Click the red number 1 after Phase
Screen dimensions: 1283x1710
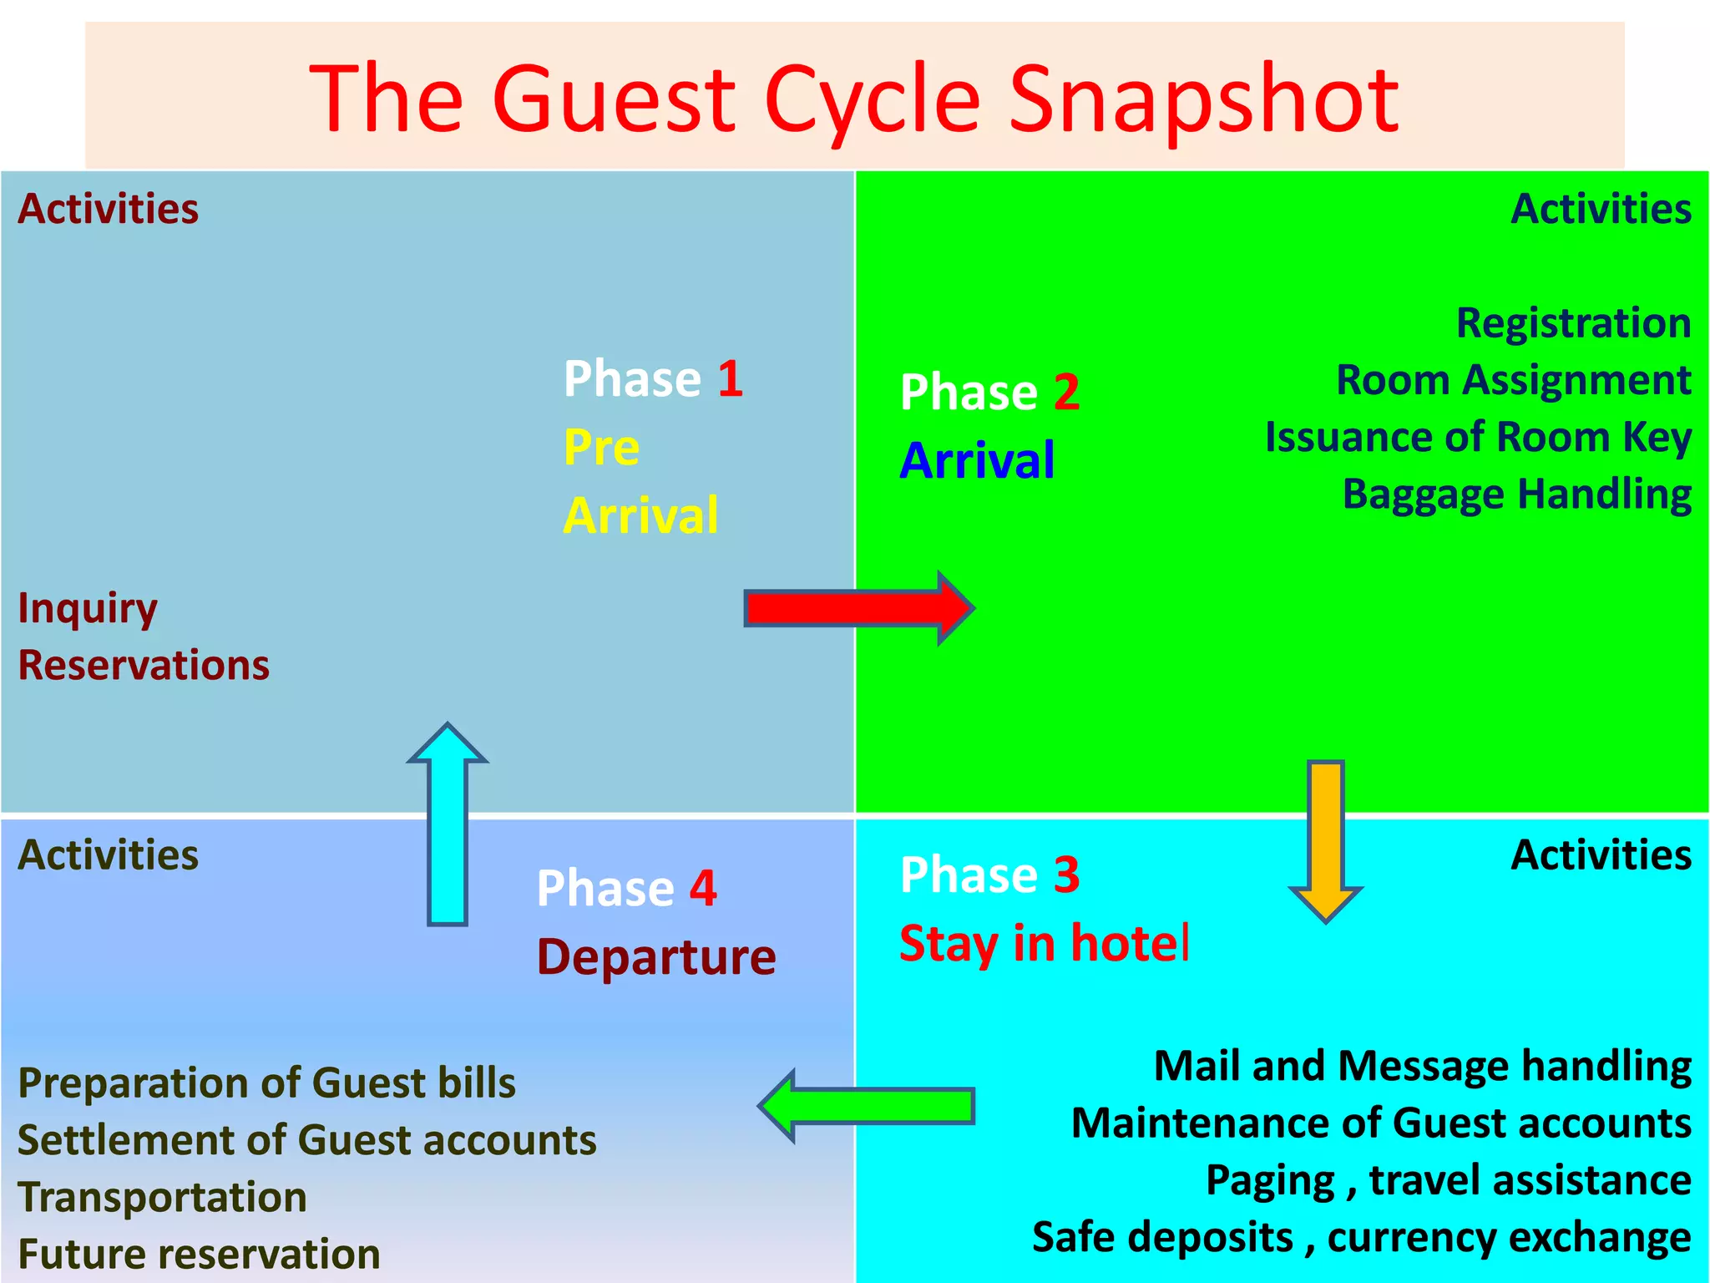730,379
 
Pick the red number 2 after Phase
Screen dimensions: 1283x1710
1066,393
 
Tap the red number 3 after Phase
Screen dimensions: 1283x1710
1066,875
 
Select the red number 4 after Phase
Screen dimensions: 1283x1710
703,888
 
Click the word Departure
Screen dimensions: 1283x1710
656,957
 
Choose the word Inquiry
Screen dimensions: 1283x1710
88,609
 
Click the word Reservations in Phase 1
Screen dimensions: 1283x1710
144,666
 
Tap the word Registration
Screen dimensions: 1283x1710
1573,323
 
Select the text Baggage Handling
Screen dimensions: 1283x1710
1516,494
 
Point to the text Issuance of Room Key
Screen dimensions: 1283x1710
1478,438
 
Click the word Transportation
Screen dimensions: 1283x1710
163,1197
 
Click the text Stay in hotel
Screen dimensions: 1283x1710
1044,944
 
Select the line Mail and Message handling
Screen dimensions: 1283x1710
1422,1067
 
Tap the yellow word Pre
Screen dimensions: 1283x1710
601,448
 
